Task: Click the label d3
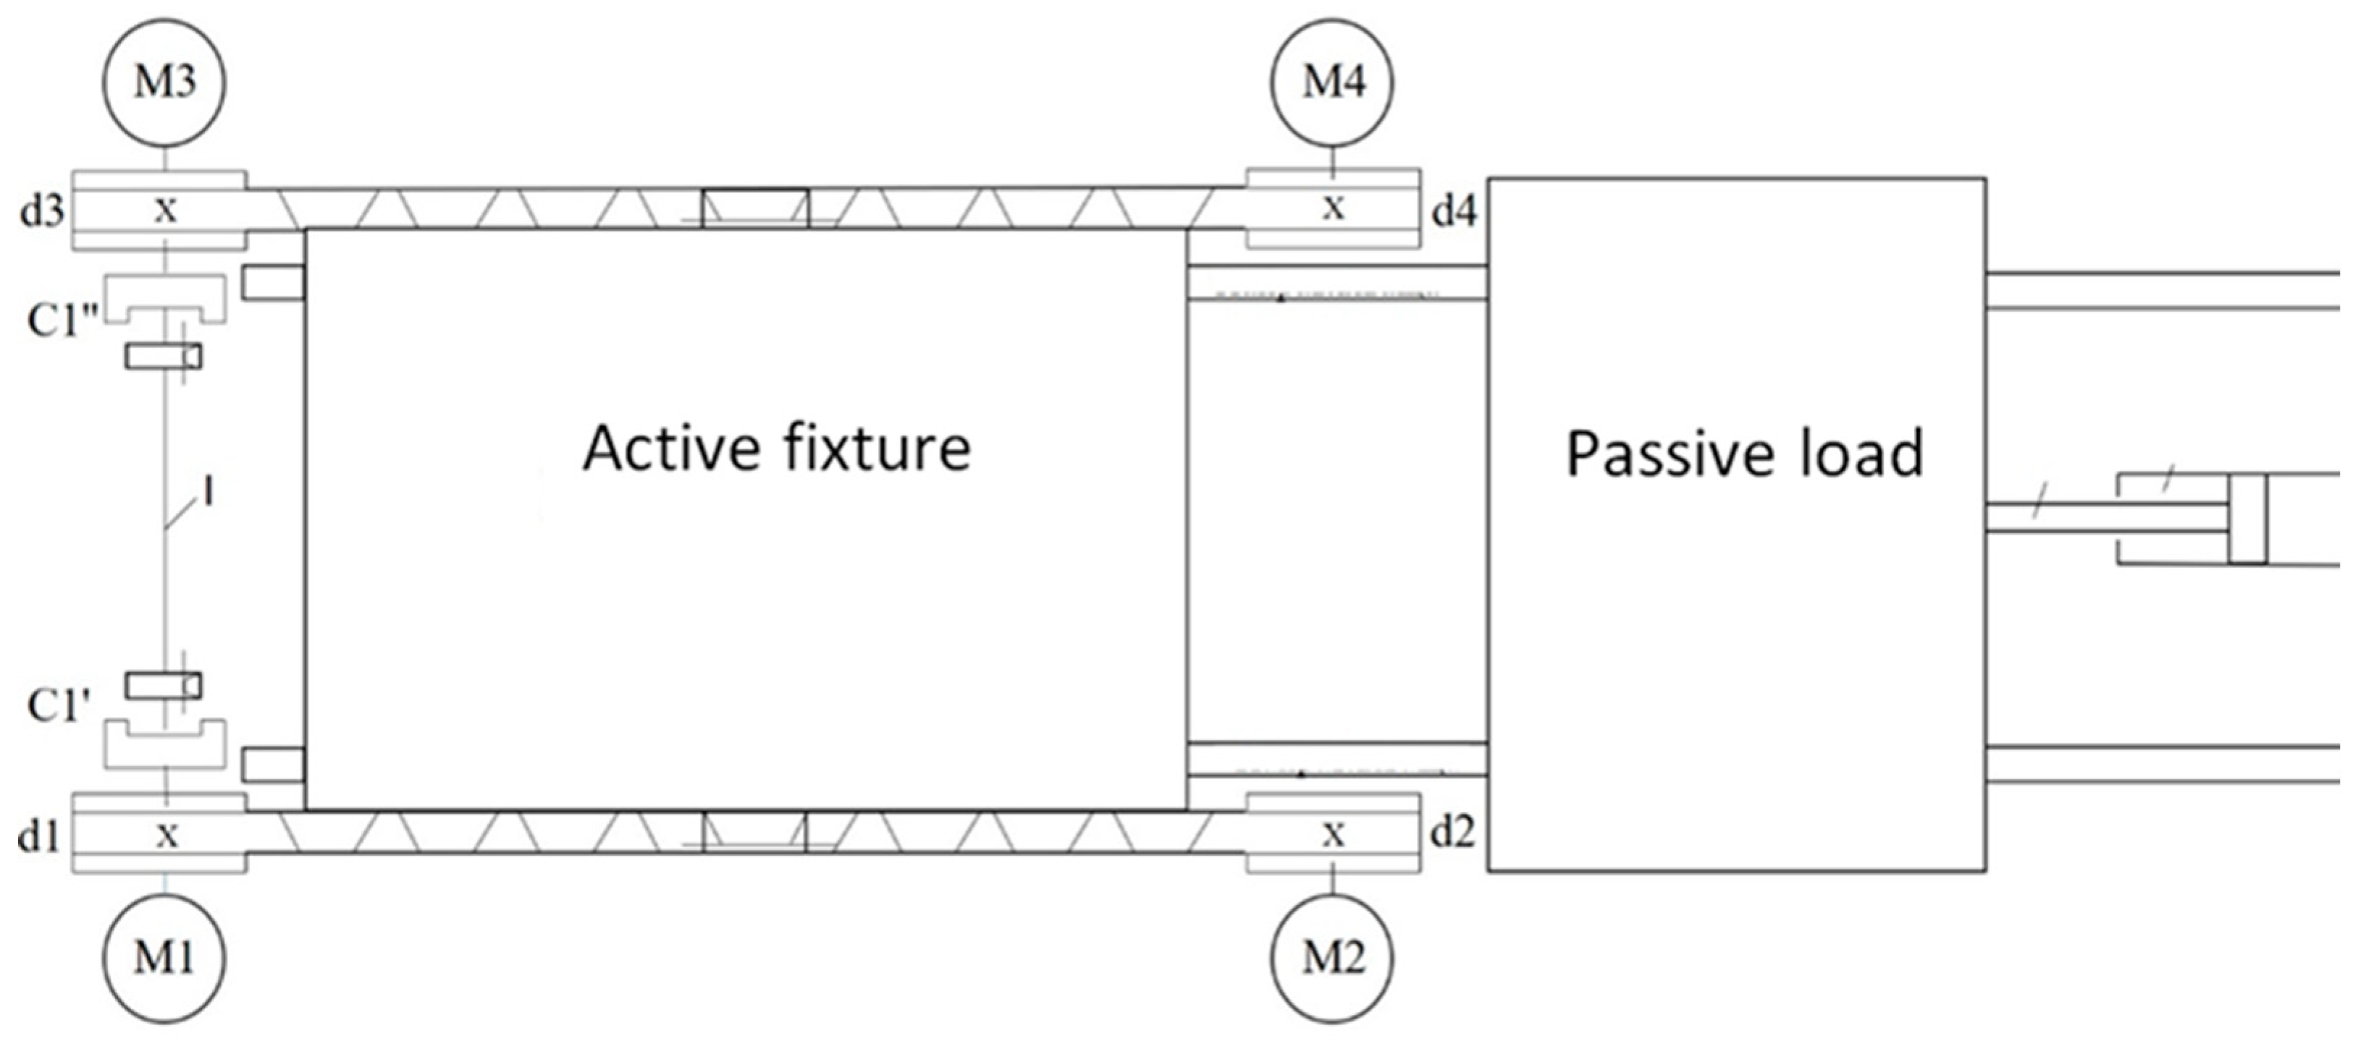tap(42, 212)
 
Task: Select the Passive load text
tap(1743, 454)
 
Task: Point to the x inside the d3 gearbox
tap(165, 211)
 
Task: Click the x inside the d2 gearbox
tap(1333, 834)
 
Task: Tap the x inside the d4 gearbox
tap(1333, 208)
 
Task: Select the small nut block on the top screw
tap(755, 208)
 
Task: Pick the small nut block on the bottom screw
tap(754, 833)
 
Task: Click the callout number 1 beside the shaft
tap(209, 493)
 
